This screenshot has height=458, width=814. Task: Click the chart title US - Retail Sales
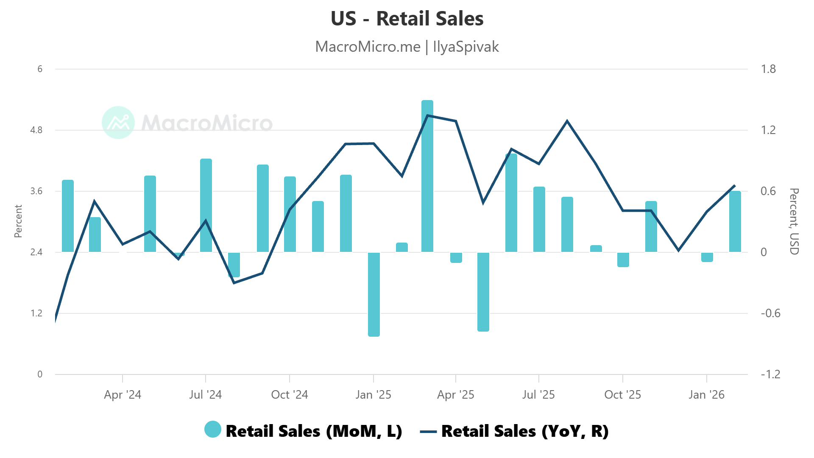pyautogui.click(x=407, y=19)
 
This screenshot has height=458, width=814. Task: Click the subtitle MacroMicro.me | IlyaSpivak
pyautogui.click(x=407, y=47)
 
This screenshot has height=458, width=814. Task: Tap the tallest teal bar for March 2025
pyautogui.click(x=427, y=176)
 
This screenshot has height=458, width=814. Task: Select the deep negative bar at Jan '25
pyautogui.click(x=374, y=294)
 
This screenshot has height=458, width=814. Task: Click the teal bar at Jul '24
pyautogui.click(x=206, y=206)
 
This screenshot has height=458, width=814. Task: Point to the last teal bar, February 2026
pyautogui.click(x=735, y=221)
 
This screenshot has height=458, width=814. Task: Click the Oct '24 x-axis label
pyautogui.click(x=290, y=395)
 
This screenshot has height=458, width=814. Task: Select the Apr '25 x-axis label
pyautogui.click(x=456, y=395)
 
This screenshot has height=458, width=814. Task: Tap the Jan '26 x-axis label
pyautogui.click(x=707, y=395)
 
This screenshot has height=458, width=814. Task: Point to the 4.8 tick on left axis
pyautogui.click(x=36, y=130)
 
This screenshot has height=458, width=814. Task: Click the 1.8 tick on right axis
pyautogui.click(x=768, y=69)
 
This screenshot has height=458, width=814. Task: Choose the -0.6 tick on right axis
pyautogui.click(x=770, y=313)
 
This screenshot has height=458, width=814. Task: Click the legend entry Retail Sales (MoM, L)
pyautogui.click(x=314, y=431)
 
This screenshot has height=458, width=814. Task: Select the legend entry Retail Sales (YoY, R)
pyautogui.click(x=525, y=431)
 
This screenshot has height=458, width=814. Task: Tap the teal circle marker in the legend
pyautogui.click(x=213, y=430)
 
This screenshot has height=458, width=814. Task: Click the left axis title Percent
pyautogui.click(x=18, y=221)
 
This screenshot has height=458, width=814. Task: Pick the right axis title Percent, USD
pyautogui.click(x=794, y=221)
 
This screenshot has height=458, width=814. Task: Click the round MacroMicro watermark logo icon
pyautogui.click(x=118, y=123)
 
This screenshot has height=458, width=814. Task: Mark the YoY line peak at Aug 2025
pyautogui.click(x=567, y=121)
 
